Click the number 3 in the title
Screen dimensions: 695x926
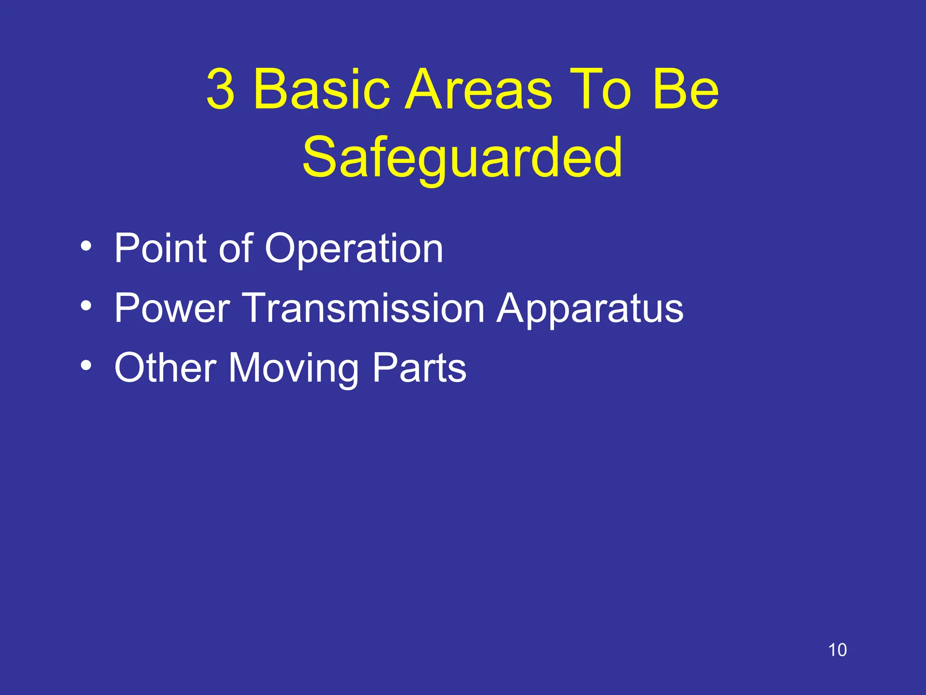click(x=221, y=89)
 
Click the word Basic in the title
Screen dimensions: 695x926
click(x=321, y=89)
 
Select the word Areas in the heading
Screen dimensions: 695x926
click(x=477, y=89)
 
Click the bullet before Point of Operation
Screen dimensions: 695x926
click(x=86, y=247)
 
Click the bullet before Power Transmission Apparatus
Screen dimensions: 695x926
click(x=86, y=306)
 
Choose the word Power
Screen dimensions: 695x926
click(x=172, y=308)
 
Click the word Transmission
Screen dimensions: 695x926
click(x=364, y=308)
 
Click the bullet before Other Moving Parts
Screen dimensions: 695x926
click(x=86, y=366)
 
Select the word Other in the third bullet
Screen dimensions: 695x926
click(x=165, y=367)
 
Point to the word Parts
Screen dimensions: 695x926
click(x=419, y=367)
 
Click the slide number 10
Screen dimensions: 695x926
click(x=837, y=650)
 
